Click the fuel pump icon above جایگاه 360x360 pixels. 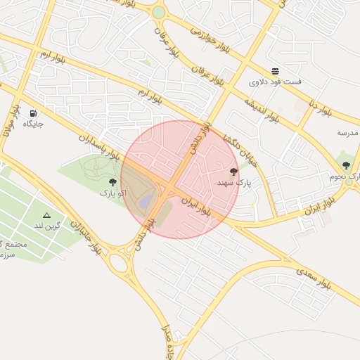coord(33,113)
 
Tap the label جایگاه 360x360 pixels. coord(33,124)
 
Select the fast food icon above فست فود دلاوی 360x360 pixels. coord(275,71)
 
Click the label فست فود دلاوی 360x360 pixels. coord(275,82)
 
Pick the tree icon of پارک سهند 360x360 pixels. coord(233,172)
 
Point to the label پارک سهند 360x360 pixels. coord(233,183)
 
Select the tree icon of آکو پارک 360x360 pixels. coord(112,181)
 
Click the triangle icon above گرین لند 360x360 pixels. coord(47,216)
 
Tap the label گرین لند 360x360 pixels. coord(48,226)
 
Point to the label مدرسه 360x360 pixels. coord(347,133)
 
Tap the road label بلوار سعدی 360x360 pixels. coord(314,278)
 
